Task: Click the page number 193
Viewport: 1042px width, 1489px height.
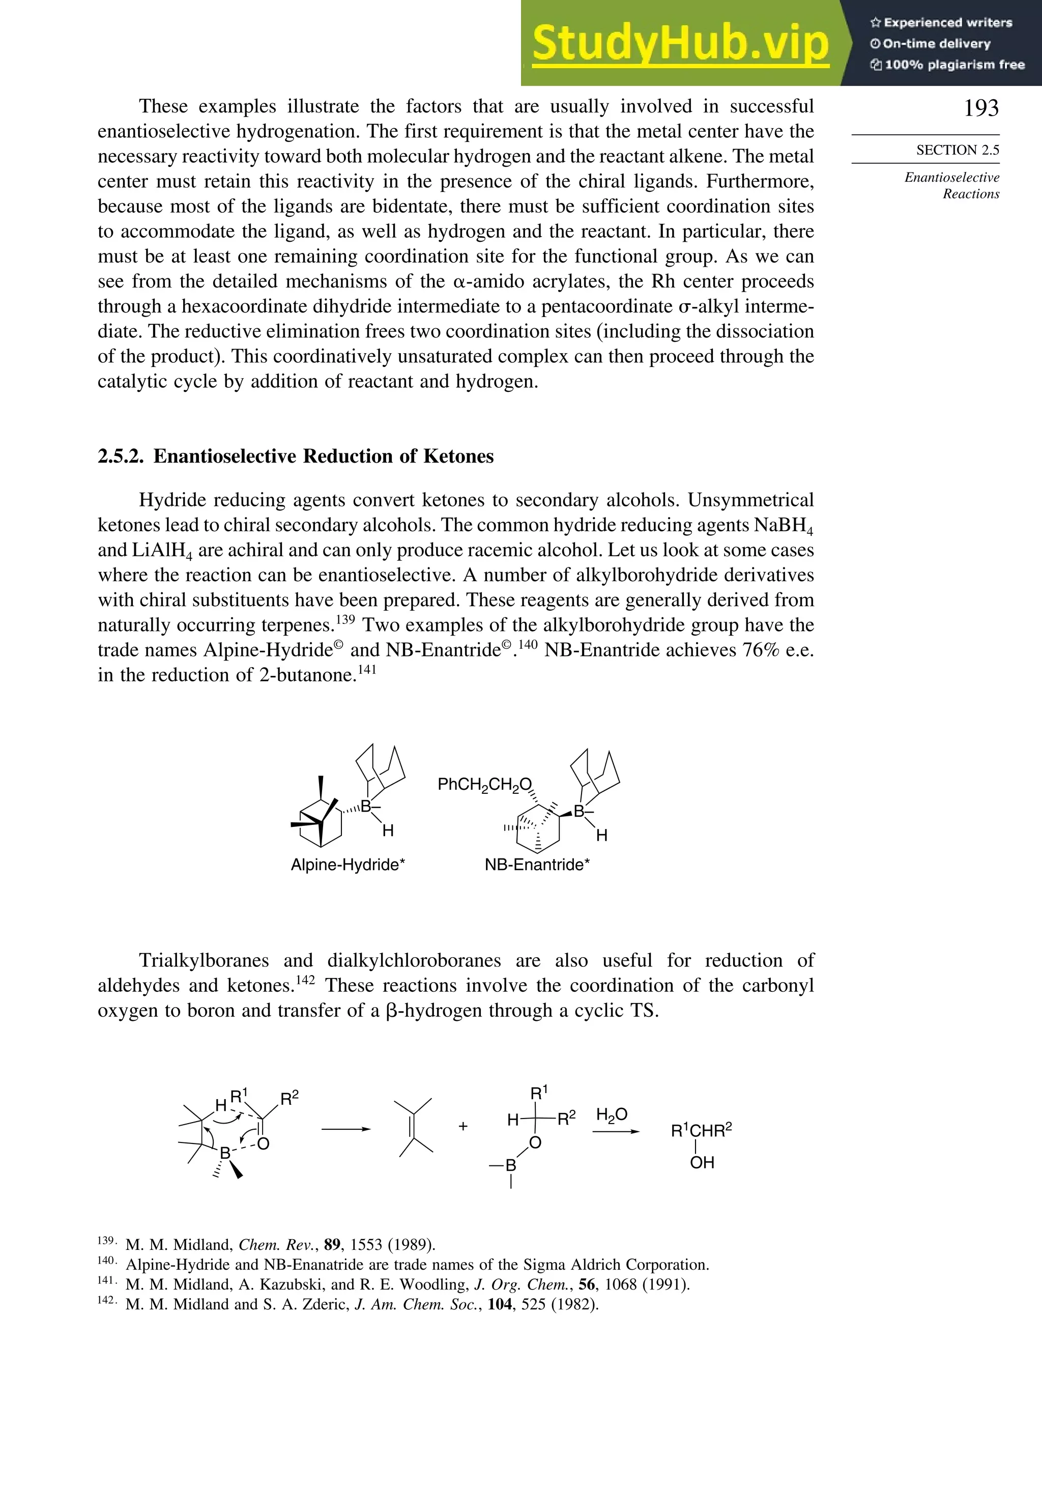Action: pos(980,108)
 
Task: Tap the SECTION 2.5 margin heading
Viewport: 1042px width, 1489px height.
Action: pos(957,150)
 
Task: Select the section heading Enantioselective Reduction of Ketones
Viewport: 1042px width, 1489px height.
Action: pos(323,456)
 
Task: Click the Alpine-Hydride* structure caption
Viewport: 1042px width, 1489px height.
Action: pos(348,865)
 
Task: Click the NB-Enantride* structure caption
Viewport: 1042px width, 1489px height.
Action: pos(537,865)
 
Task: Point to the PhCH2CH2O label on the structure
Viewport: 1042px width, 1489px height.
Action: pos(484,785)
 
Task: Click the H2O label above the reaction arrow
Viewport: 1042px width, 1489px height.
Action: pos(612,1115)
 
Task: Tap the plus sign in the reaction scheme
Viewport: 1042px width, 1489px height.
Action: pos(463,1127)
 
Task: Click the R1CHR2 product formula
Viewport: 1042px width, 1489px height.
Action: pos(701,1131)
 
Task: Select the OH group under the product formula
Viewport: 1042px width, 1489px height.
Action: pos(702,1163)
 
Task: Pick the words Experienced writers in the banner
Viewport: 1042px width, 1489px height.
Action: pos(947,23)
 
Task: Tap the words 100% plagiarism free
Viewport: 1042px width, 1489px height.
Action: pos(954,65)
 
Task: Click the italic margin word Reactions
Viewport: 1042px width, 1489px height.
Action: pos(971,194)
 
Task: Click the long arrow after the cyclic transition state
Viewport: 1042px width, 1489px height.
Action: pos(345,1129)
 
